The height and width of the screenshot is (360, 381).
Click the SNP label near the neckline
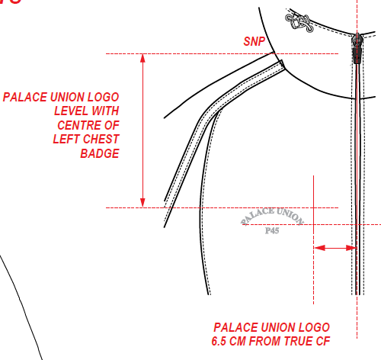pos(255,41)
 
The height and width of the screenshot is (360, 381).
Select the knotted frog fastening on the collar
pos(299,22)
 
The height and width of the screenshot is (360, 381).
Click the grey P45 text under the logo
pos(272,230)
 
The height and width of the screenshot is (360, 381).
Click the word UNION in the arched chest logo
pos(290,216)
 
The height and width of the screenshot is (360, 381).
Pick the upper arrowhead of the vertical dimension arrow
pos(143,58)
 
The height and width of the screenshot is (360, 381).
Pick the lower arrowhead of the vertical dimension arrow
pos(143,203)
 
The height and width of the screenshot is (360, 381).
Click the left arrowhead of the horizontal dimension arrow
pos(319,248)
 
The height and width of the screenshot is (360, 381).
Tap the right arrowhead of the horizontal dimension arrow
pos(352,248)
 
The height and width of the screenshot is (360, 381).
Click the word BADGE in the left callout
pos(100,153)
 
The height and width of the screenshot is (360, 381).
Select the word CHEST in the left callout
pos(101,140)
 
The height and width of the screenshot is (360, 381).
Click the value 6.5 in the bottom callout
pos(219,341)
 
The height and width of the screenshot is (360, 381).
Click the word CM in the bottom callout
pos(238,341)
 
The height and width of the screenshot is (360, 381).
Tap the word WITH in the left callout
pos(105,111)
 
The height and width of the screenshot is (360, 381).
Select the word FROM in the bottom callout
pos(265,341)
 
